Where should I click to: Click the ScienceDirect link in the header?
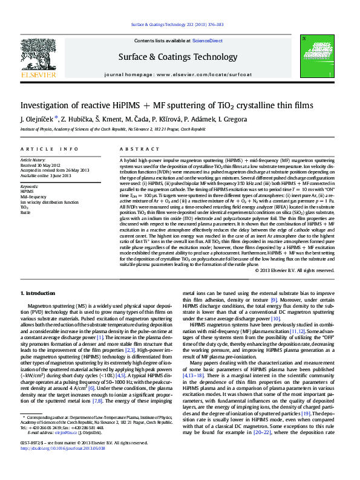(208, 41)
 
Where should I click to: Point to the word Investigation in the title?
(47, 105)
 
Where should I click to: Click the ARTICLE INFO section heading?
(48, 149)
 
